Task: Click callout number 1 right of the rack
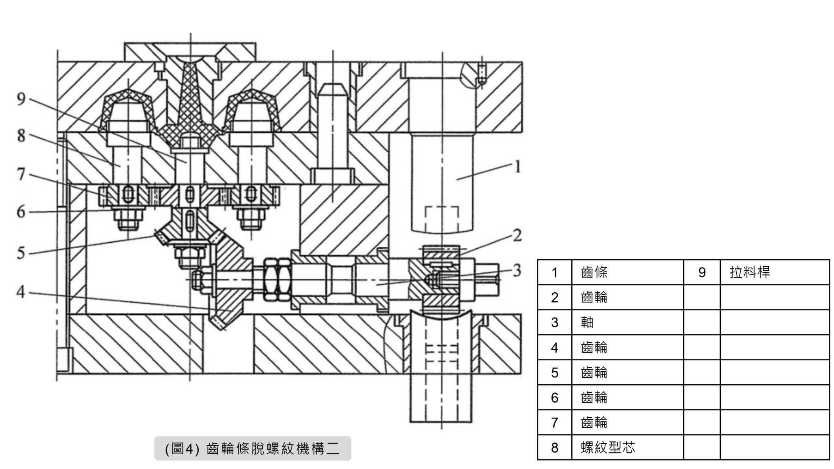point(517,167)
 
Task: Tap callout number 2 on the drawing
point(517,235)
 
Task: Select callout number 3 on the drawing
point(517,270)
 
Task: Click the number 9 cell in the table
point(702,272)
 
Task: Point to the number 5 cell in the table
point(555,373)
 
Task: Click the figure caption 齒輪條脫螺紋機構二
point(252,449)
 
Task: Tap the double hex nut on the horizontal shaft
point(275,280)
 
